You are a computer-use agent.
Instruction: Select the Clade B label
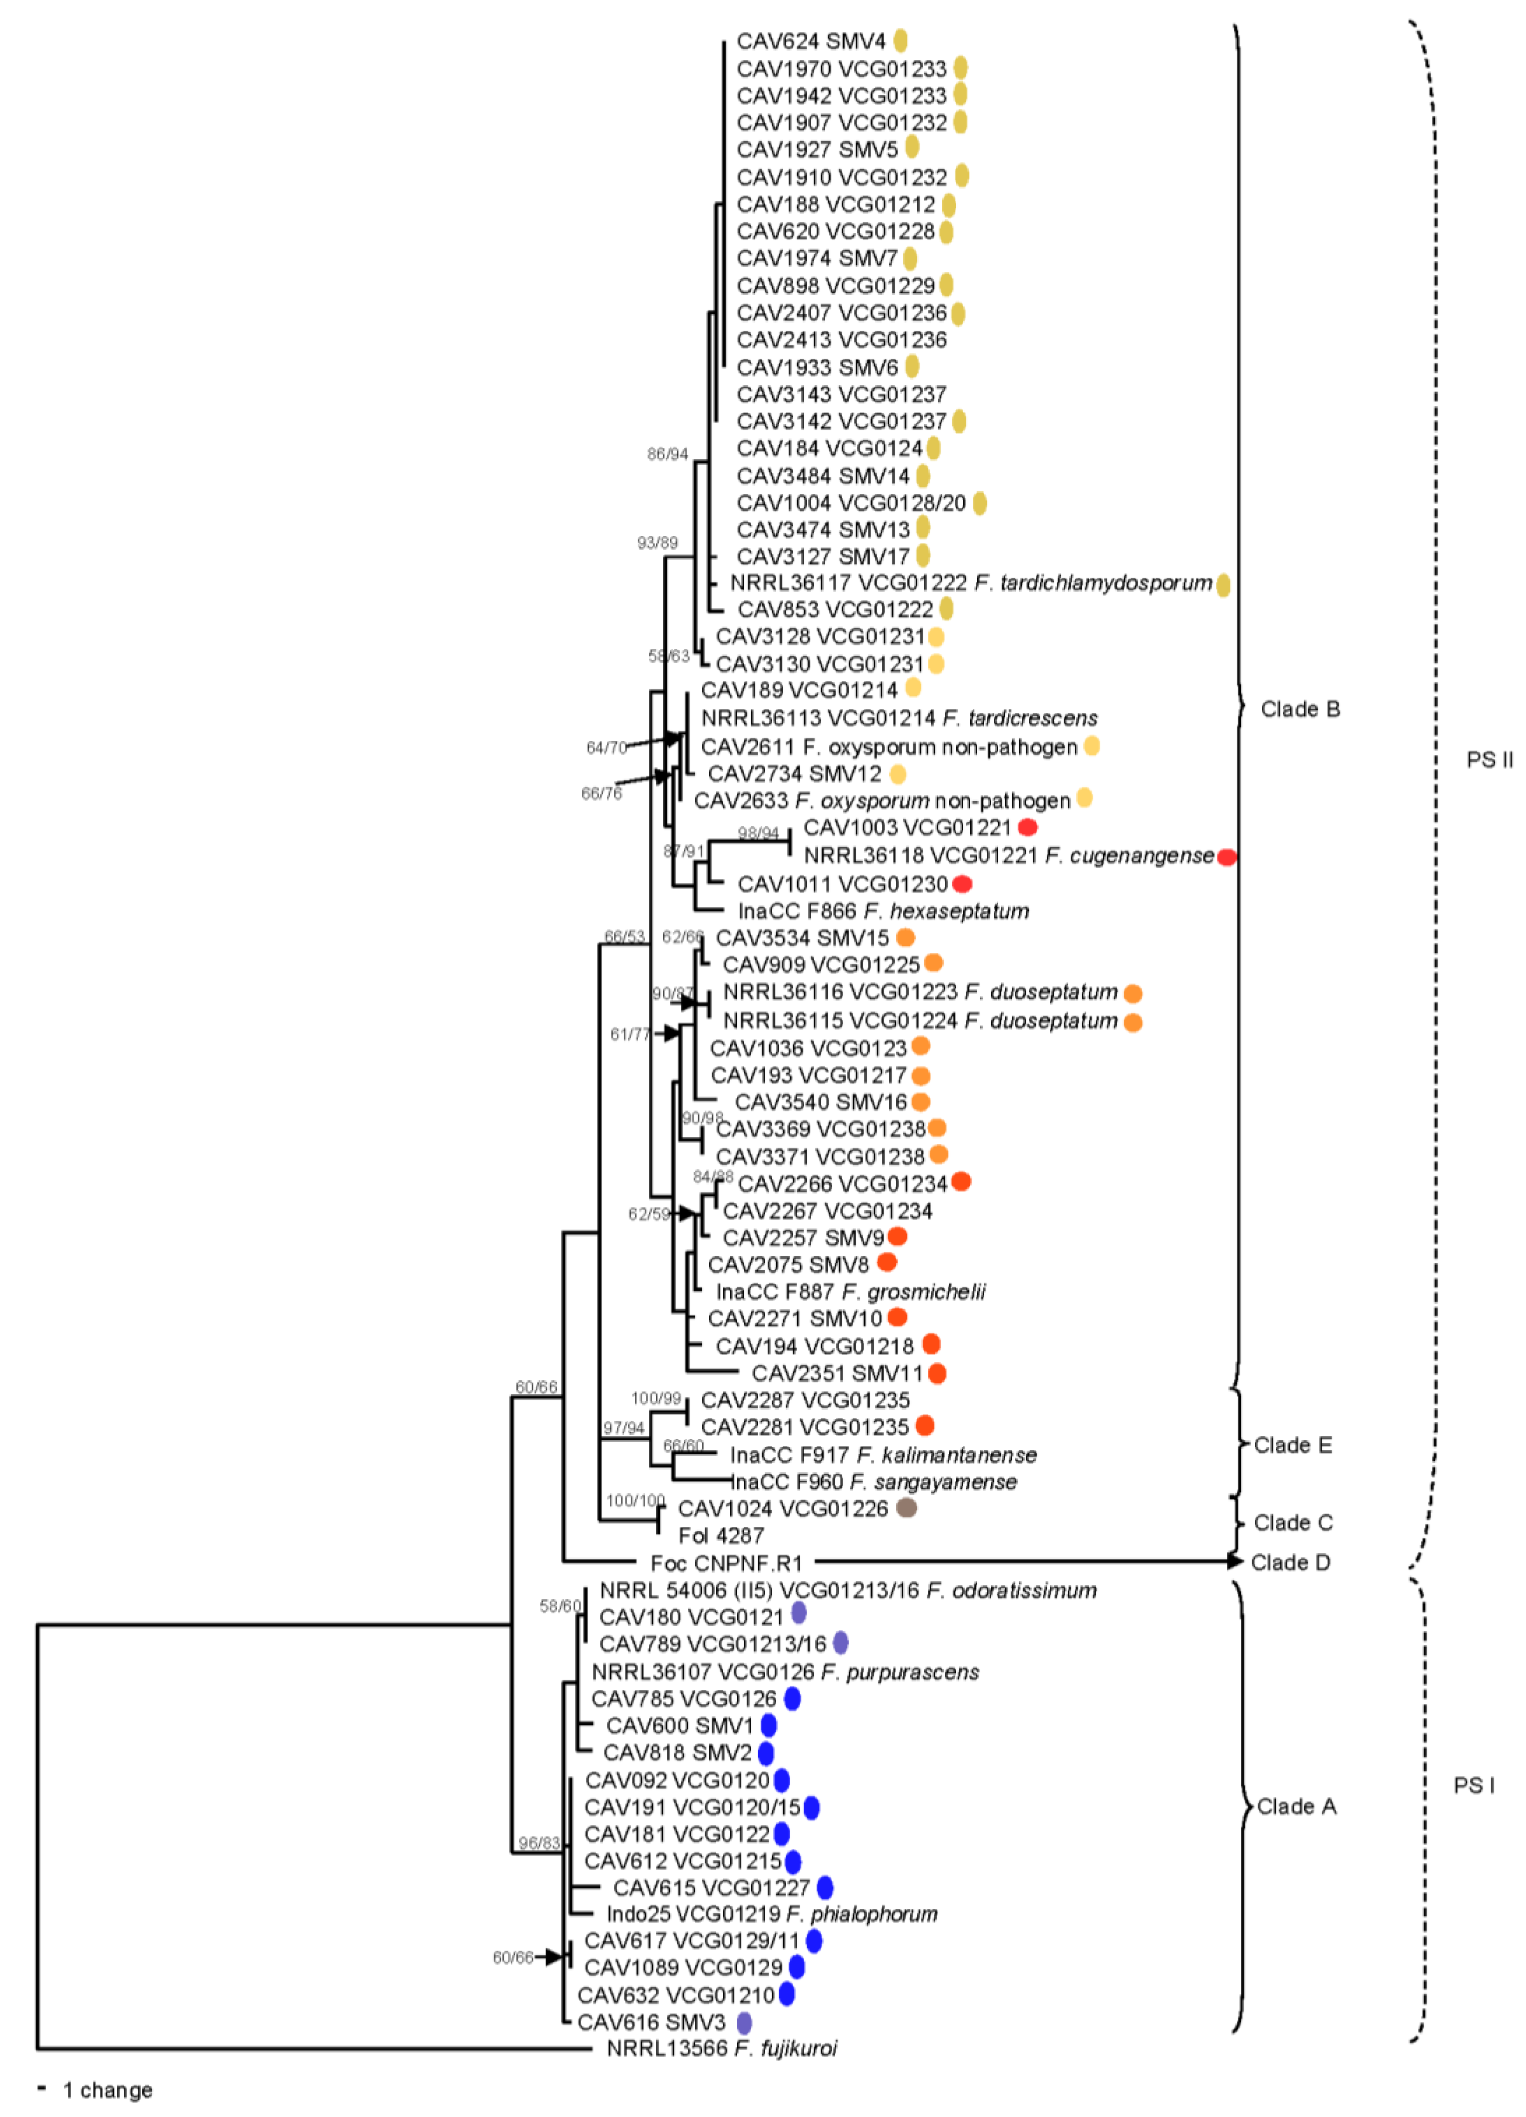(1300, 709)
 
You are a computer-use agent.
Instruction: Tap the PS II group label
(1490, 760)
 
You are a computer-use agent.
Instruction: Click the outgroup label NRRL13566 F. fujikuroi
(721, 2048)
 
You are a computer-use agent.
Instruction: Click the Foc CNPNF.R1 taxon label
(726, 1563)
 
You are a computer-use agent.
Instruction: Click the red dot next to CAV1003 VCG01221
(1027, 827)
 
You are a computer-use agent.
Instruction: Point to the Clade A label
(1296, 1806)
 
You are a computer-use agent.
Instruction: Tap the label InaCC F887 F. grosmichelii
(850, 1292)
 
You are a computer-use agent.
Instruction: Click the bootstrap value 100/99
(656, 1398)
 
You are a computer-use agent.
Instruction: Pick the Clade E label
(1293, 1445)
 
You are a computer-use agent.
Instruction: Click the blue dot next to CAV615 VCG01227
(825, 1887)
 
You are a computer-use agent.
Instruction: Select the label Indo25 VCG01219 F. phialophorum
(772, 1914)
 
